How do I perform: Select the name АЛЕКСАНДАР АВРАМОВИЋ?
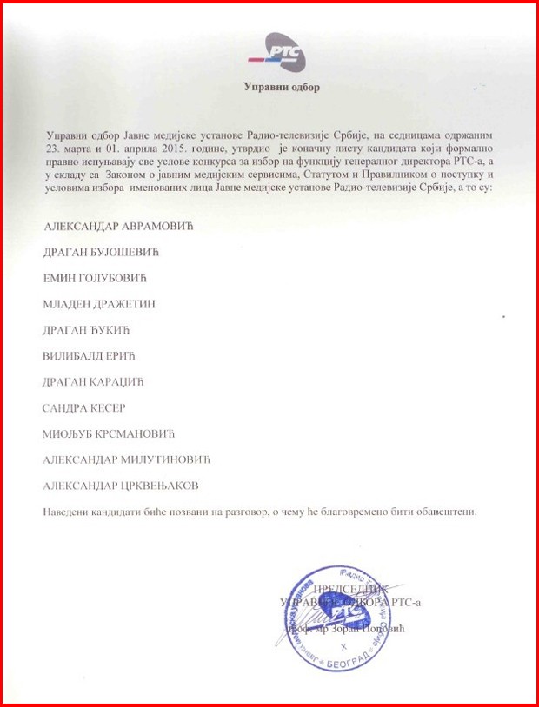click(x=117, y=226)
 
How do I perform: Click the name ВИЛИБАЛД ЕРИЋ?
click(x=90, y=356)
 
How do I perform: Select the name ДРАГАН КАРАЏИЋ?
click(x=94, y=382)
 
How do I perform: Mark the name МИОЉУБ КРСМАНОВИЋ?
click(x=109, y=433)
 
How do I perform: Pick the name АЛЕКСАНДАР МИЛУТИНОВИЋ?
click(x=126, y=459)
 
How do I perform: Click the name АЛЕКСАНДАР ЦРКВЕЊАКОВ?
click(x=126, y=486)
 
